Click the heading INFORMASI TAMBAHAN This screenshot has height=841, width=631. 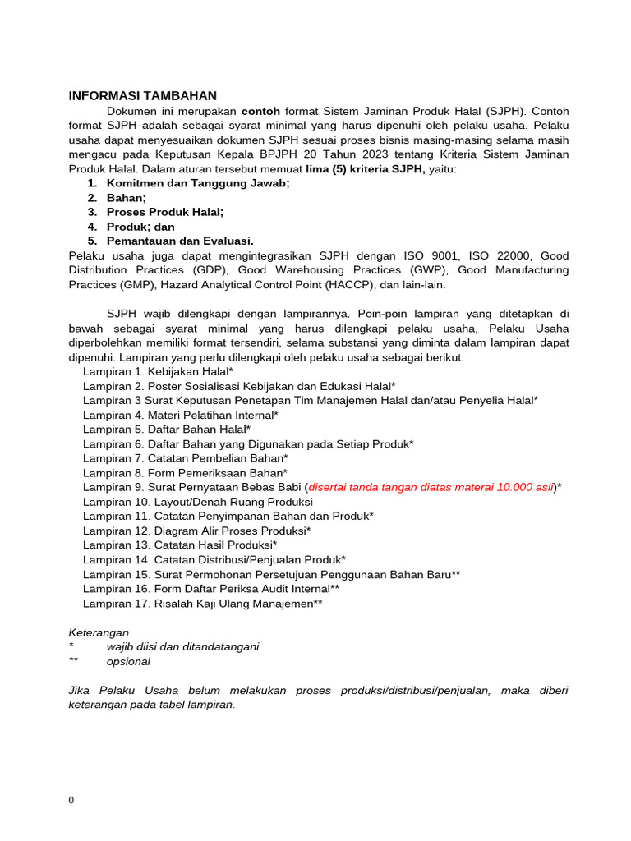(x=142, y=96)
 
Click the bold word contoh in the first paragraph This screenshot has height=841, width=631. (x=260, y=111)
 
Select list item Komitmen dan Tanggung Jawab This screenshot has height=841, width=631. (x=198, y=183)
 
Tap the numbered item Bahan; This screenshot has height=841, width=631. (x=127, y=198)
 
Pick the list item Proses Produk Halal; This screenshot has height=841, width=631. (x=165, y=212)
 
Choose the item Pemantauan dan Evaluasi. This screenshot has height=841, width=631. (x=180, y=241)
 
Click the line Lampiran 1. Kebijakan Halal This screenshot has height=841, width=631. (x=158, y=371)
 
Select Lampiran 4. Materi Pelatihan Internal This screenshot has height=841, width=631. (x=180, y=415)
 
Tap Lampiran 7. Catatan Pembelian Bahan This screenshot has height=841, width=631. (x=185, y=458)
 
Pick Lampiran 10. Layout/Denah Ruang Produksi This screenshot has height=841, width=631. (x=197, y=502)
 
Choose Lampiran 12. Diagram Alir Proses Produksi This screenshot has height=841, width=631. (x=196, y=531)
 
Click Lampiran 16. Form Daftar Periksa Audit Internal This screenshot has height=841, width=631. (x=210, y=589)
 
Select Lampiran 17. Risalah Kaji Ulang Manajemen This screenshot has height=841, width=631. (x=202, y=604)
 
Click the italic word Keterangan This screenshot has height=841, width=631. (x=99, y=632)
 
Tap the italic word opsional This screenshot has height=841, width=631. (x=128, y=661)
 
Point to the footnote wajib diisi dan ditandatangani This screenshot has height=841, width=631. (x=182, y=646)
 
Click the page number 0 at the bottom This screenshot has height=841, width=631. (x=71, y=801)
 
